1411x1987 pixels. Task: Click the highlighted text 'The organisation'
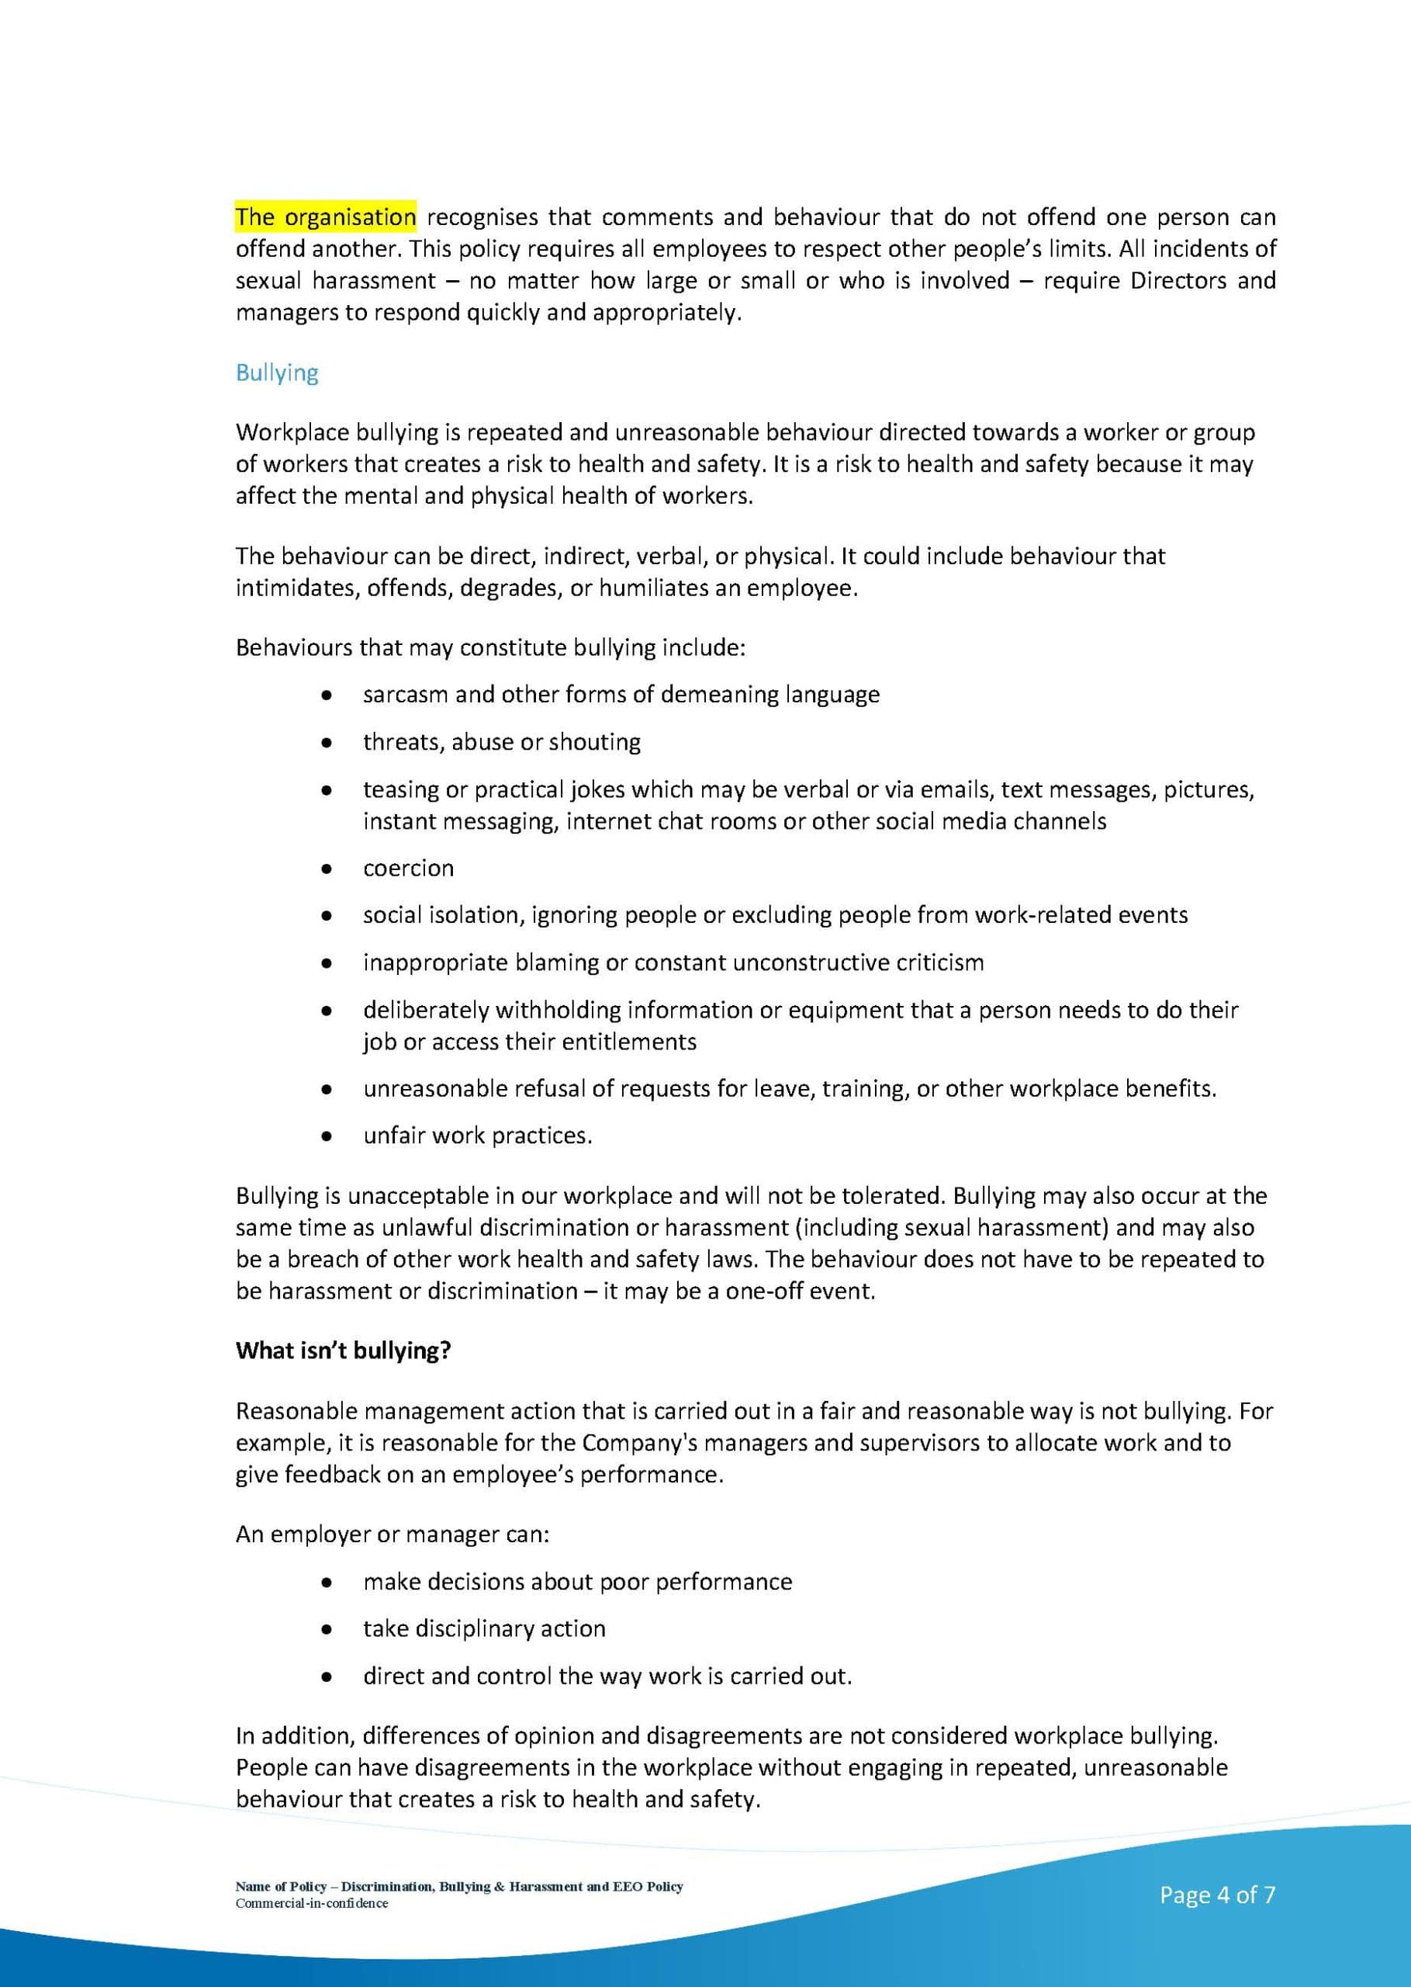(x=325, y=217)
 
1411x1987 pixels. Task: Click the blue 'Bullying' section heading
(x=276, y=373)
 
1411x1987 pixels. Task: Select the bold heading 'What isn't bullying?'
(x=343, y=1350)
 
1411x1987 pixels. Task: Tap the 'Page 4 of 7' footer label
(x=1216, y=1895)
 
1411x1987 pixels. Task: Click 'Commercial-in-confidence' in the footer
(x=311, y=1903)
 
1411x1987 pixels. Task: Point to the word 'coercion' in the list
(x=408, y=869)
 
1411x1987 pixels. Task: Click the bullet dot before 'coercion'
(x=326, y=869)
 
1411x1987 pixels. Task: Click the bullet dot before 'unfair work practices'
(x=326, y=1136)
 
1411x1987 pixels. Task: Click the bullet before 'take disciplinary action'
(x=326, y=1629)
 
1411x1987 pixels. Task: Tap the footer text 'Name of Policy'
(x=281, y=1886)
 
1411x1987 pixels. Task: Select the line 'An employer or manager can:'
(x=392, y=1534)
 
